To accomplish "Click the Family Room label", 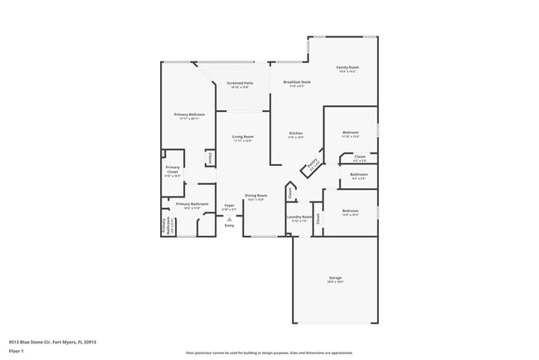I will [x=347, y=67].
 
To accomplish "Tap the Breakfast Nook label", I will [x=296, y=82].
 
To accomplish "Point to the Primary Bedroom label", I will [x=189, y=114].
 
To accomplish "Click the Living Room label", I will [x=242, y=136].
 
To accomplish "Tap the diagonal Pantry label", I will [x=313, y=167].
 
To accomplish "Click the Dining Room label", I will [x=255, y=196].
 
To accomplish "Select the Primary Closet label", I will [x=172, y=169].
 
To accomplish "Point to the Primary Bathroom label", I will [x=192, y=203].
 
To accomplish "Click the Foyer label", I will [x=230, y=204].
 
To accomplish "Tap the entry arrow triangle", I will [x=230, y=219].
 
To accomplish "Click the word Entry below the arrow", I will [x=230, y=226].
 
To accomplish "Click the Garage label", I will [x=335, y=277].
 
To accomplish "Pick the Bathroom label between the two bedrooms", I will [x=358, y=174].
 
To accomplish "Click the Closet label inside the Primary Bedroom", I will [x=210, y=156].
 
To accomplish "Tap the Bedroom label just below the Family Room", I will [x=351, y=133].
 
